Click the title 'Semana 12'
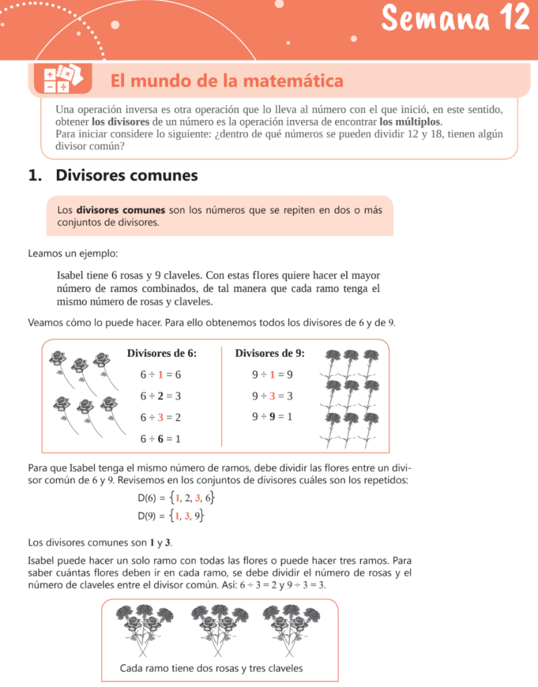click(456, 19)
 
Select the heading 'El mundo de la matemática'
click(227, 81)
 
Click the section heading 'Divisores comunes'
click(127, 176)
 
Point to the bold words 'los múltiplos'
click(410, 122)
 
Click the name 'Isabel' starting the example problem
click(70, 274)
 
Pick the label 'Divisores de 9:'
click(270, 353)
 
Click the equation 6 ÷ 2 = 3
click(161, 396)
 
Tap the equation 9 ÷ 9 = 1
click(272, 417)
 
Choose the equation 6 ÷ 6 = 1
click(161, 439)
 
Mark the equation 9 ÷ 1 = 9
click(272, 374)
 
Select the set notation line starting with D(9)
click(171, 515)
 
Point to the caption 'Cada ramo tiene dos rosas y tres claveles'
click(211, 668)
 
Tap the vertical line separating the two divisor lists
click(222, 396)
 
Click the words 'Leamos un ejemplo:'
click(73, 254)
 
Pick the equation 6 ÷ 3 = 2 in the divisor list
click(161, 417)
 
